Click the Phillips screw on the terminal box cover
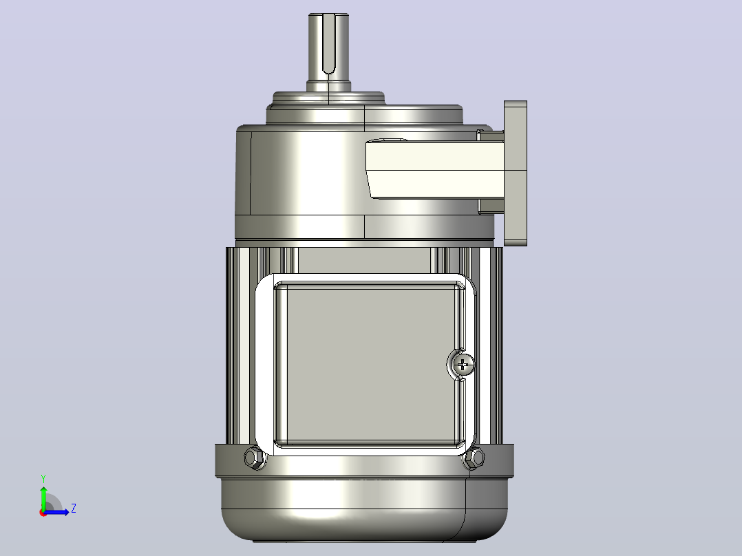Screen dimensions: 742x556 tap(463, 364)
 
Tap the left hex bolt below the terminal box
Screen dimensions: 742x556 tap(255, 458)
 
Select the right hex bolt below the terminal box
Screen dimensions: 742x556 tap(474, 458)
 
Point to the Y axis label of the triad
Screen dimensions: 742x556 tap(43, 478)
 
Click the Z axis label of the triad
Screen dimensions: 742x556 tap(74, 509)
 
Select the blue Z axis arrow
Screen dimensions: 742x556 tap(56, 511)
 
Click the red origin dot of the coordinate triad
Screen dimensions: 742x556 tap(43, 513)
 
